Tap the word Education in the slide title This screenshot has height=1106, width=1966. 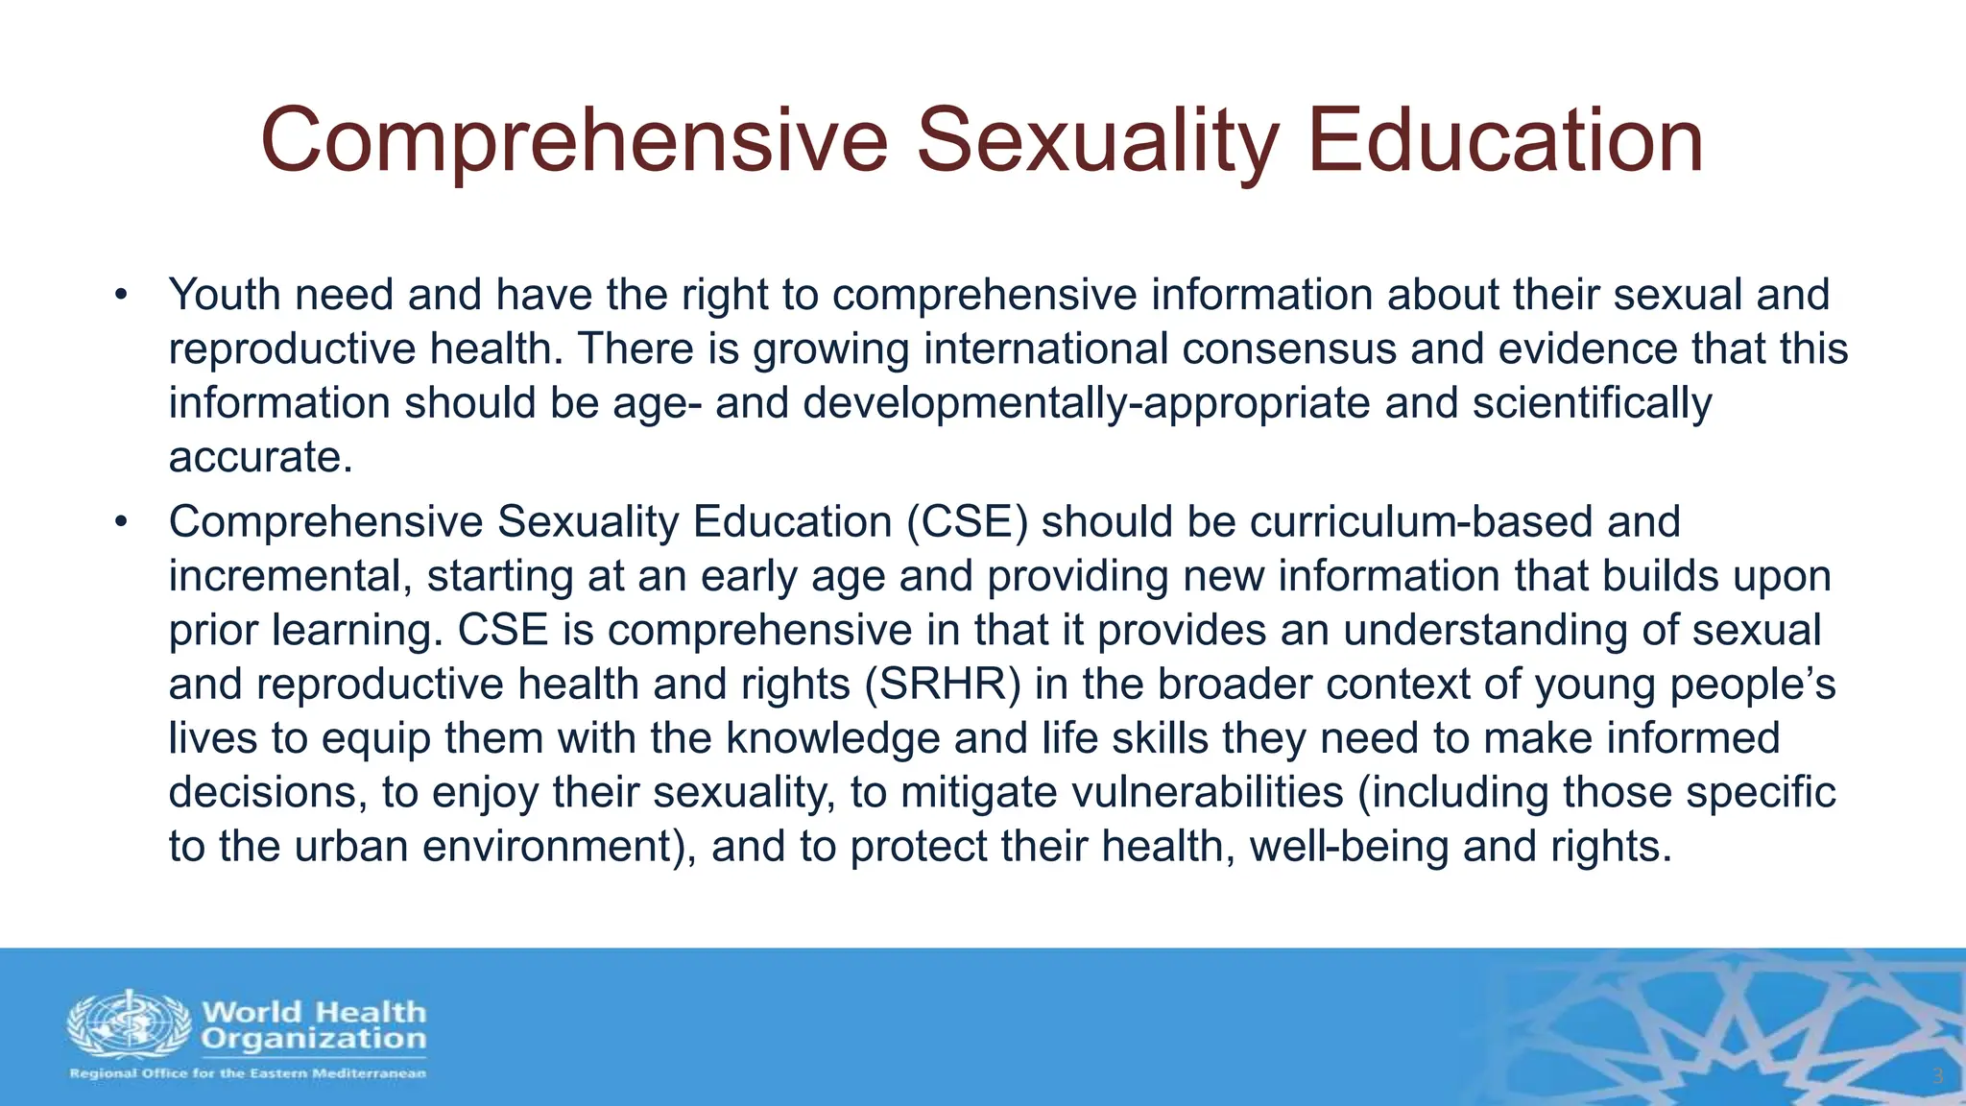pos(1504,141)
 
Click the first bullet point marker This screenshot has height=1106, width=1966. pos(120,295)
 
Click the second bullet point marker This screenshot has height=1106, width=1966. pos(120,522)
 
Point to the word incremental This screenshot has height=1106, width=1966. pos(290,576)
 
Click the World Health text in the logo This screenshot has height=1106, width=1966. pos(313,1012)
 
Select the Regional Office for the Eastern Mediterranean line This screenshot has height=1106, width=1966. pos(248,1073)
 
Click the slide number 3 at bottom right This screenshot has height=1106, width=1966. pos(1937,1076)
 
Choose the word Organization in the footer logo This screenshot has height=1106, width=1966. pos(313,1039)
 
